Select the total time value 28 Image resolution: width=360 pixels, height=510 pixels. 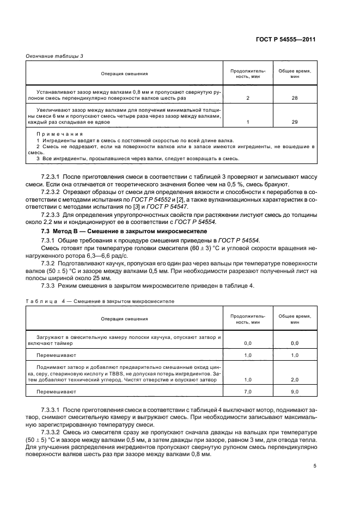[294, 98]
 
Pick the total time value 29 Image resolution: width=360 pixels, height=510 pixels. [294, 122]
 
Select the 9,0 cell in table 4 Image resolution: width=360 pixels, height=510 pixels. [294, 391]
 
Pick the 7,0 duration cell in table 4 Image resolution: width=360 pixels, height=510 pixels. [248, 391]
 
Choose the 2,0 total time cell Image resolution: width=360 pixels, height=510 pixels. [294, 380]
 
